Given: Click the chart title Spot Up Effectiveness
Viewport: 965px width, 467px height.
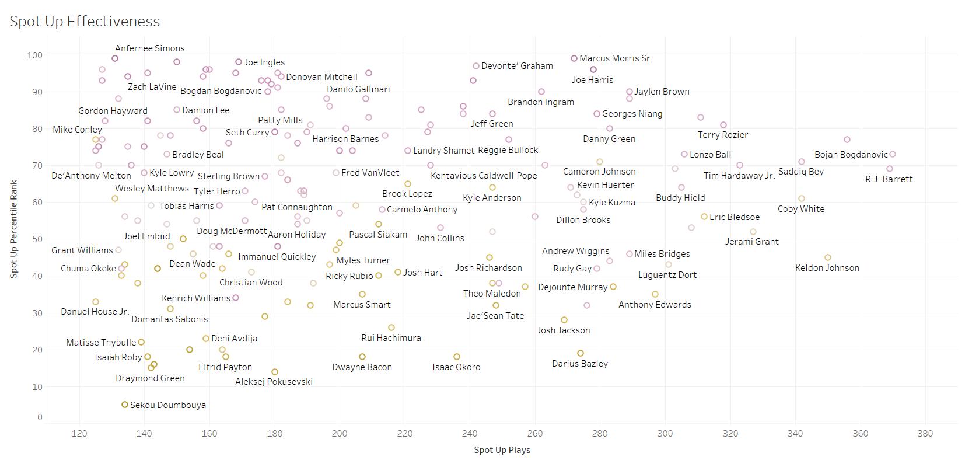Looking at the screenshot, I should point(85,22).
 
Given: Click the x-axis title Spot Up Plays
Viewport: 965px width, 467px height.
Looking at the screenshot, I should point(502,450).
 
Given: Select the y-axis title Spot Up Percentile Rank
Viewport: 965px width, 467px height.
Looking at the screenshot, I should point(13,229).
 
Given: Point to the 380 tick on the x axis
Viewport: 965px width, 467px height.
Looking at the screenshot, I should point(925,434).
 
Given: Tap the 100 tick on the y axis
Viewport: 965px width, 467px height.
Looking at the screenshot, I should point(34,55).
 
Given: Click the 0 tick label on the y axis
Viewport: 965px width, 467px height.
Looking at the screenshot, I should point(40,417).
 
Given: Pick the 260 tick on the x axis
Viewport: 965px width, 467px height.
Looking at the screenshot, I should point(534,434).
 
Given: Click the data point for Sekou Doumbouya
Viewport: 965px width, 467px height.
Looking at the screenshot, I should point(125,405).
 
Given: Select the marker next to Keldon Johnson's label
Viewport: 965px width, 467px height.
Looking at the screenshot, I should point(828,257).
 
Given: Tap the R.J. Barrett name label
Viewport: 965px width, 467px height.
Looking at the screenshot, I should point(889,179).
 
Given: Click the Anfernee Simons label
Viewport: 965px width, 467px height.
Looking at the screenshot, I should point(149,48).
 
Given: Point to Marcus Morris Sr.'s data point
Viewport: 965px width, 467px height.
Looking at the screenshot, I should point(574,58).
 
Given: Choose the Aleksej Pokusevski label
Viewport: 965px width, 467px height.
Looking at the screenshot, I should point(274,382).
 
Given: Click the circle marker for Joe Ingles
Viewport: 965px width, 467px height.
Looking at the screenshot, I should point(239,62).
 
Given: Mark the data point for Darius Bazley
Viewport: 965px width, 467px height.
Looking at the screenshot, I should point(581,353).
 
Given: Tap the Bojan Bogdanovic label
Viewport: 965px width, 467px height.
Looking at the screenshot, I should point(851,155).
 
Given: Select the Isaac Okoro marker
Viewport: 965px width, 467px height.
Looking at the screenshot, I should point(457,357).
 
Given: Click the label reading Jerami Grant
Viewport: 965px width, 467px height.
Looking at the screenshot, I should point(751,242).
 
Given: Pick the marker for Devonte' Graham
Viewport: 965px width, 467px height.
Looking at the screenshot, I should point(476,66).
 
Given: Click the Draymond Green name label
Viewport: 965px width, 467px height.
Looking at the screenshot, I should point(150,378).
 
